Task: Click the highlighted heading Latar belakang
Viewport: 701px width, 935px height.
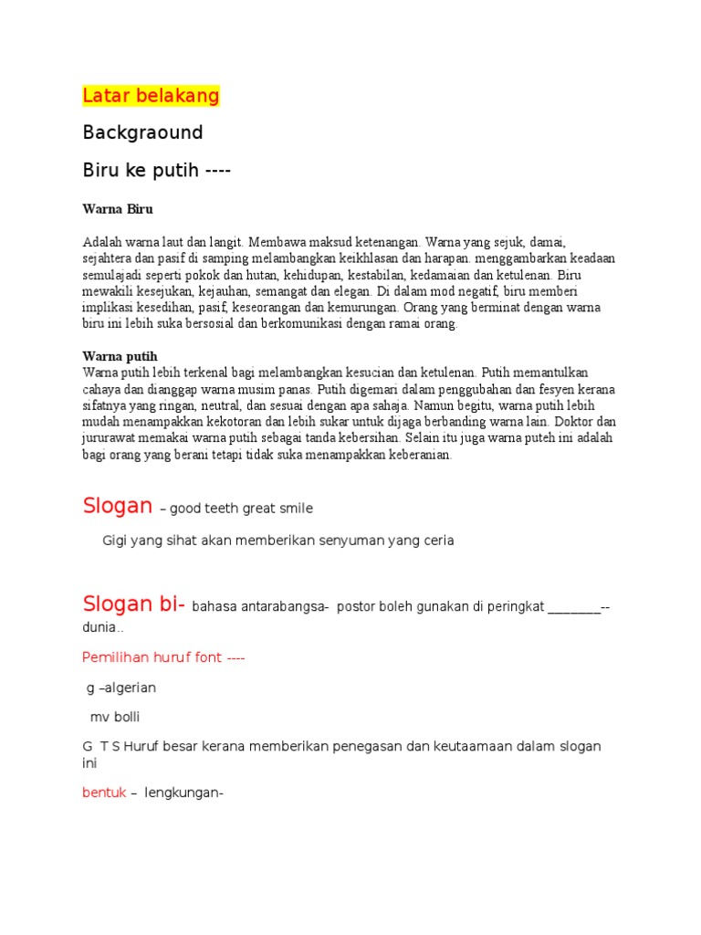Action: [x=151, y=96]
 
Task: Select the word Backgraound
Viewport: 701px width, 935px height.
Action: [x=142, y=132]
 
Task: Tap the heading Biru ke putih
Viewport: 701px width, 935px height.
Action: [x=156, y=170]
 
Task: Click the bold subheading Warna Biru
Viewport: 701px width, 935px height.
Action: [x=118, y=209]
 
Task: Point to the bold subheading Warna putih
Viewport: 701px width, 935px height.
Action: [x=120, y=355]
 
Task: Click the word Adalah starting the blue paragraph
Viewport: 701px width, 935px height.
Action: [x=100, y=242]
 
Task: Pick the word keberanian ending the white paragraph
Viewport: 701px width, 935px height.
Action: [x=414, y=455]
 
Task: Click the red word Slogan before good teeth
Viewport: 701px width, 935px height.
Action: [x=117, y=506]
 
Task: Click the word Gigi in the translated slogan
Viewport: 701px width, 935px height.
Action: [x=116, y=541]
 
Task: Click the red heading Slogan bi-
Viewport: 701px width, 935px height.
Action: [x=134, y=604]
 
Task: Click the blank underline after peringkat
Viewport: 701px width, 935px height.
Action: [x=575, y=607]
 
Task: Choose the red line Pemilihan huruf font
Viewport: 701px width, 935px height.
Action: [x=163, y=657]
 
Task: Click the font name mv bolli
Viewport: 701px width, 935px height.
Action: [x=115, y=717]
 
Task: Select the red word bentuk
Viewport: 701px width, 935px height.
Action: [x=104, y=793]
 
